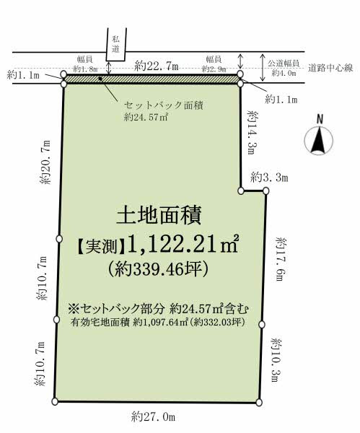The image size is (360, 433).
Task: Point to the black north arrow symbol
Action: tap(318, 140)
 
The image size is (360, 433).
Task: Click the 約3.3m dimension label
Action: tap(270, 177)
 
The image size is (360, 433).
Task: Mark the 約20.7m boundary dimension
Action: tap(46, 164)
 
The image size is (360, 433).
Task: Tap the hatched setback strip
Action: tap(152, 79)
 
